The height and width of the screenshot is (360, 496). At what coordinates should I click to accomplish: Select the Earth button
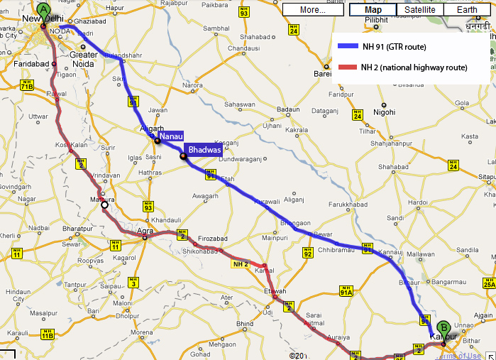467,10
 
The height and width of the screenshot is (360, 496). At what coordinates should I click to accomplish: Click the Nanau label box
172,135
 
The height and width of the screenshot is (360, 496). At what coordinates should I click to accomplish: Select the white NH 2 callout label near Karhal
240,264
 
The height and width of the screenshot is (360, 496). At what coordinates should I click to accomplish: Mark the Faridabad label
31,64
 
